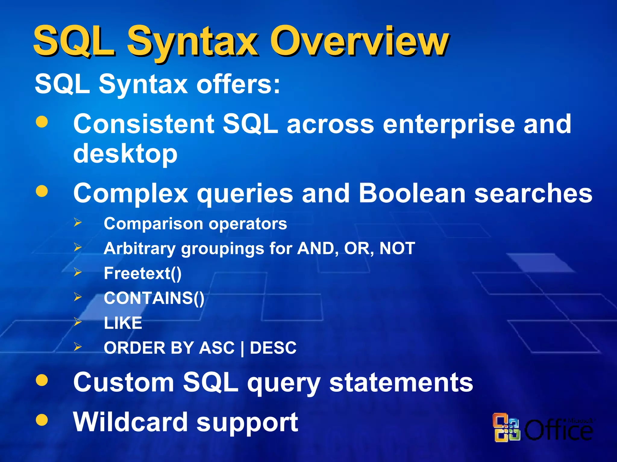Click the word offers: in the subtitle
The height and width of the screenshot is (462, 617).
pyautogui.click(x=238, y=84)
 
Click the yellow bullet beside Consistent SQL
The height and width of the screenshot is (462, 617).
pyautogui.click(x=42, y=122)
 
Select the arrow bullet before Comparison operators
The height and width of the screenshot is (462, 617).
pyautogui.click(x=78, y=223)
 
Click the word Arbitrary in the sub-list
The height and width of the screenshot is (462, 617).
pyautogui.click(x=139, y=248)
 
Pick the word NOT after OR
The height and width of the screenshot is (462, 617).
pyautogui.click(x=397, y=248)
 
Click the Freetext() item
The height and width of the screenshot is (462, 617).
pyautogui.click(x=143, y=273)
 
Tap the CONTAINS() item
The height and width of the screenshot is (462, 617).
pyautogui.click(x=154, y=298)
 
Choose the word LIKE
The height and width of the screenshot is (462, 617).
pyautogui.click(x=123, y=323)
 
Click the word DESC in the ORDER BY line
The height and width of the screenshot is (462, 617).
pyautogui.click(x=273, y=348)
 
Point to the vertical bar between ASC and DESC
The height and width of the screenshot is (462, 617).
pyautogui.click(x=242, y=349)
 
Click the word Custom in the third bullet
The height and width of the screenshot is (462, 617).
pyautogui.click(x=124, y=382)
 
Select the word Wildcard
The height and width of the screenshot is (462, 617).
pyautogui.click(x=130, y=422)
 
